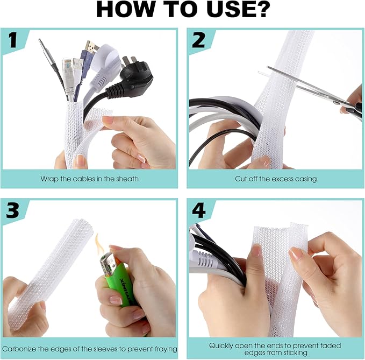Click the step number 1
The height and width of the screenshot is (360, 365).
click(x=13, y=40)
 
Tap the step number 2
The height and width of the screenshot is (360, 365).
click(x=198, y=40)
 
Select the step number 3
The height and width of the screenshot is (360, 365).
click(x=13, y=210)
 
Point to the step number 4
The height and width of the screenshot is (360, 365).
click(x=198, y=210)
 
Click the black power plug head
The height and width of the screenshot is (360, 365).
click(x=134, y=73)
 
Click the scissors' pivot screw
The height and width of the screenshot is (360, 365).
click(x=336, y=103)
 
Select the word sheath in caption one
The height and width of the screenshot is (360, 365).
click(x=127, y=179)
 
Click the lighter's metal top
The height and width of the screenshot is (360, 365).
click(x=108, y=263)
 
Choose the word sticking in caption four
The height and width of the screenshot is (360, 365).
click(x=294, y=352)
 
